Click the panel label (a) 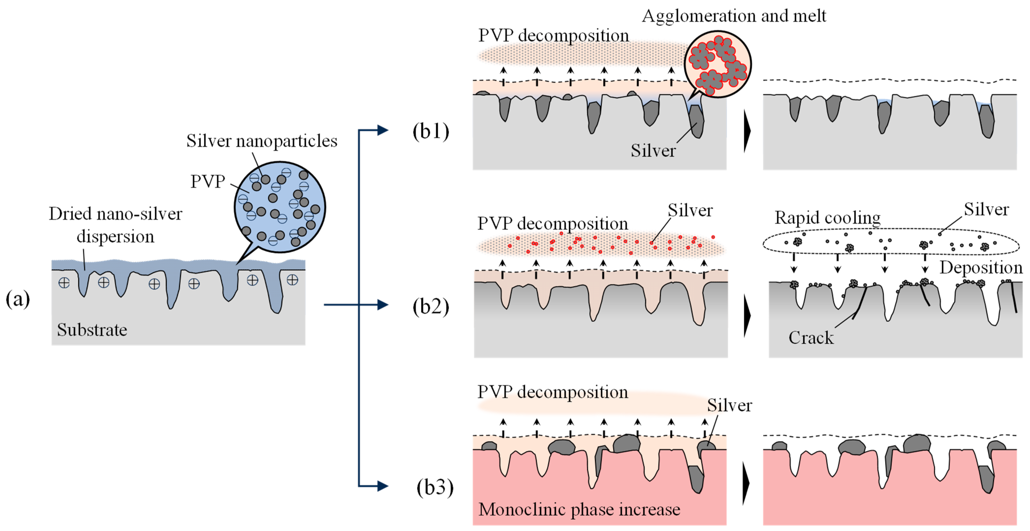pos(18,299)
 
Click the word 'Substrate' pos(92,330)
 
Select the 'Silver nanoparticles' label pos(262,141)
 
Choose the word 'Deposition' pos(981,268)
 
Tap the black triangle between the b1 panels pos(747,131)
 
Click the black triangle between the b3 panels pos(746,483)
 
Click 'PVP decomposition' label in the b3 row pos(553,392)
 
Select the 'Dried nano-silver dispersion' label pos(116,225)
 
